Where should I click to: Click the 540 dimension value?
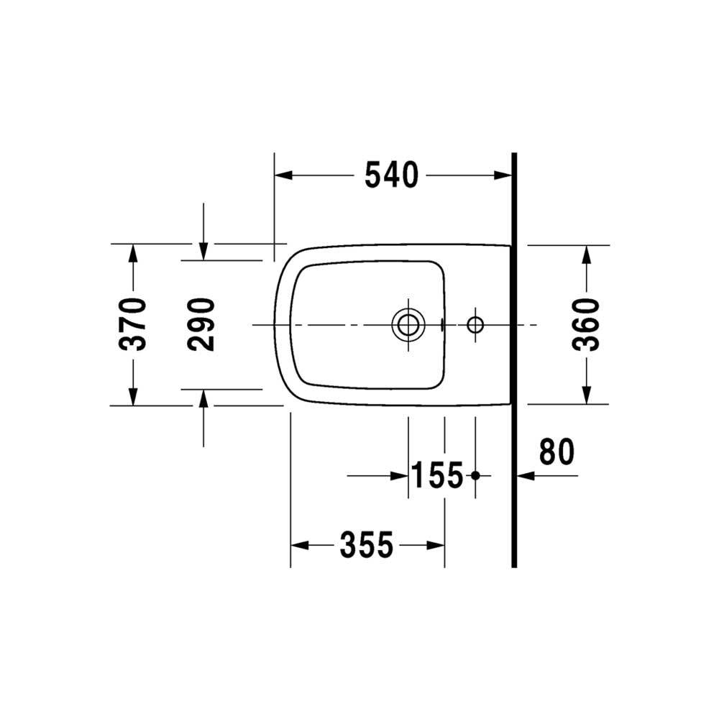(x=392, y=175)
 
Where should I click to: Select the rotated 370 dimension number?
(x=133, y=324)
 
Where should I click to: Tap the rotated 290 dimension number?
(x=201, y=324)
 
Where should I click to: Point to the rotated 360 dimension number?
(x=586, y=324)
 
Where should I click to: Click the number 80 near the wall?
(x=557, y=452)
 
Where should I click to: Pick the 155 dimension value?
(x=437, y=475)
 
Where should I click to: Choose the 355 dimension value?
(x=367, y=545)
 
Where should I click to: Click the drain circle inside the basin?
(x=408, y=325)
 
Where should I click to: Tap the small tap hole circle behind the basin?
(x=475, y=325)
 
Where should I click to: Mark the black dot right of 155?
(x=475, y=475)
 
